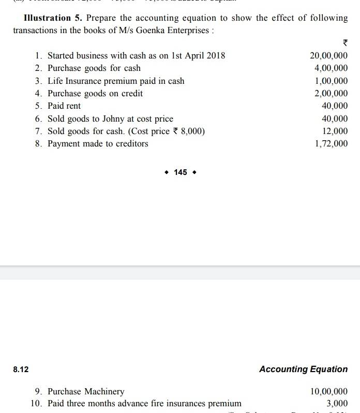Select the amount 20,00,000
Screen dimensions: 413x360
click(x=328, y=55)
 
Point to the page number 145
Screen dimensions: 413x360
click(x=181, y=172)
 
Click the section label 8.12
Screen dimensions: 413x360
click(x=21, y=370)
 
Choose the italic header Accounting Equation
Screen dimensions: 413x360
click(x=303, y=369)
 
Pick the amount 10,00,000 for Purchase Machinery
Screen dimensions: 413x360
click(x=328, y=391)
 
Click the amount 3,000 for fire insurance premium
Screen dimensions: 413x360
click(x=337, y=404)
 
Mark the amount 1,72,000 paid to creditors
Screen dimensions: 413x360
click(x=331, y=144)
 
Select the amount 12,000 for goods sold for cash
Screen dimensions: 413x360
click(x=335, y=131)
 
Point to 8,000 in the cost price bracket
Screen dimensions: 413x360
click(x=192, y=131)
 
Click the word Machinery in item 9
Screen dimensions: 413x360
click(x=104, y=391)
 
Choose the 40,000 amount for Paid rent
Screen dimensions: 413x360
click(x=335, y=106)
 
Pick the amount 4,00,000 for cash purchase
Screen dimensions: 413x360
click(x=331, y=68)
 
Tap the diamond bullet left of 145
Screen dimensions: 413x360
click(x=167, y=172)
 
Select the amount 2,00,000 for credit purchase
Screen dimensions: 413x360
click(x=331, y=94)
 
